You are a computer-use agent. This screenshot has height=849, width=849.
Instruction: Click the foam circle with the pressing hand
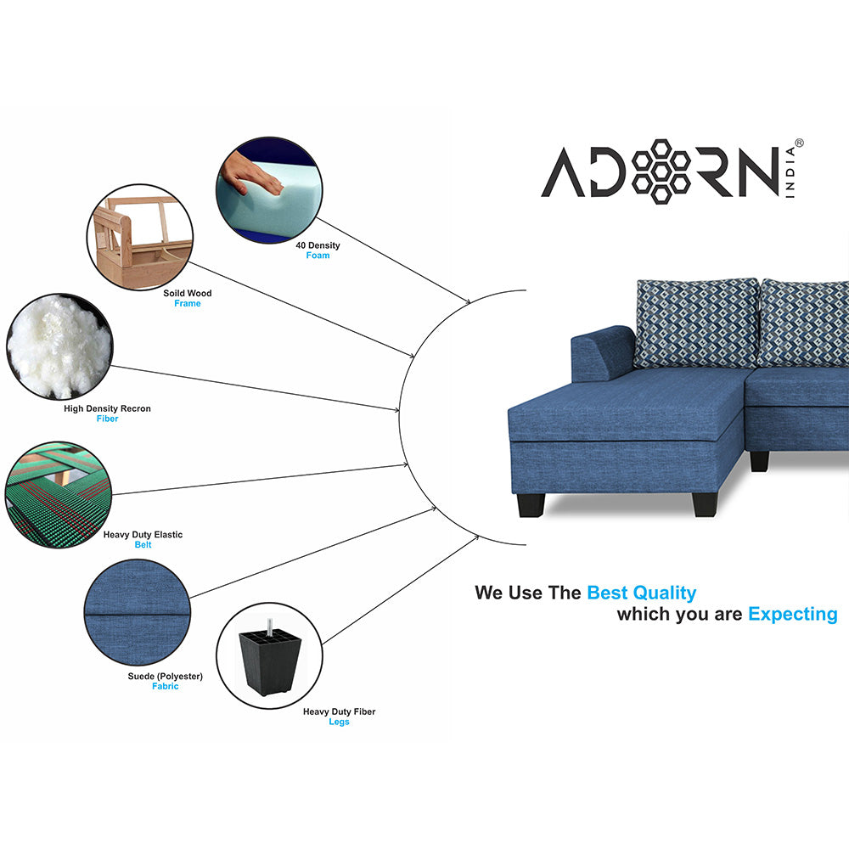(x=269, y=190)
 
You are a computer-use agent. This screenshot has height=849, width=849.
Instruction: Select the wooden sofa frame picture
(x=140, y=237)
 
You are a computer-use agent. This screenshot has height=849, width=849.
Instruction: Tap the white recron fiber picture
(x=59, y=346)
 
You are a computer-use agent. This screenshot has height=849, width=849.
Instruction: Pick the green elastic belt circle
(x=59, y=494)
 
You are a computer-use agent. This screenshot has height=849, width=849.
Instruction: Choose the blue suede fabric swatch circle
(x=138, y=612)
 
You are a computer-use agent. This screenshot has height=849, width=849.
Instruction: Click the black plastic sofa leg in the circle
(x=270, y=656)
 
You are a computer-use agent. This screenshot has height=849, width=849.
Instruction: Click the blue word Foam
(x=318, y=256)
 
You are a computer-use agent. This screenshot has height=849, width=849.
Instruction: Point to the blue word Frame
(x=188, y=304)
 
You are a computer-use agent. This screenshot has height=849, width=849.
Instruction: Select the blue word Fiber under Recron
(x=107, y=419)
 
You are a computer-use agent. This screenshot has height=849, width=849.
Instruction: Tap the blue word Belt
(x=143, y=545)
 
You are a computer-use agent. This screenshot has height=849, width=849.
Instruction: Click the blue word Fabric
(x=166, y=687)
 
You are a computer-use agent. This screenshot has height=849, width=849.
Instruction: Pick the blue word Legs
(x=339, y=722)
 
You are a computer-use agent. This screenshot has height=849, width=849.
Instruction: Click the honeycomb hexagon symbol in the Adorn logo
(x=661, y=171)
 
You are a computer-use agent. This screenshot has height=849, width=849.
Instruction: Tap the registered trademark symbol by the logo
(x=799, y=143)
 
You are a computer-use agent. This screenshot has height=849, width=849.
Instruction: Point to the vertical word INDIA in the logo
(x=790, y=172)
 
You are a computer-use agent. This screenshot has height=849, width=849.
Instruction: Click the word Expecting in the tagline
(x=793, y=615)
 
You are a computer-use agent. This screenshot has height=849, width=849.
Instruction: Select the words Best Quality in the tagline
(x=642, y=593)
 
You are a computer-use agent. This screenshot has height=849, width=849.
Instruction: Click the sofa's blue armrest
(x=603, y=353)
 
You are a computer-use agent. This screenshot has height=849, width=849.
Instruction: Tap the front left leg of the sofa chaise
(x=531, y=505)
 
